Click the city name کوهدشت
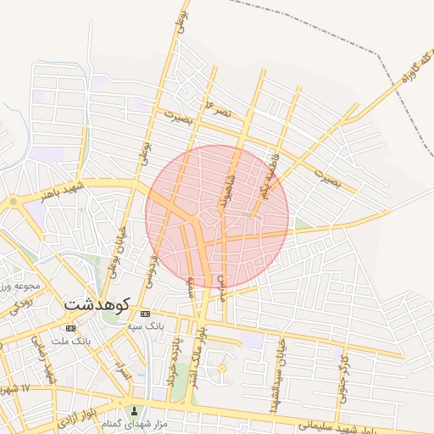pyautogui.click(x=96, y=302)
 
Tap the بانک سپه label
pyautogui.click(x=145, y=325)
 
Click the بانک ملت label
pyautogui.click(x=70, y=340)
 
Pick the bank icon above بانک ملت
pyautogui.click(x=70, y=328)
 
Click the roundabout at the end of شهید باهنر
pyautogui.click(x=14, y=202)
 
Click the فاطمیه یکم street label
pyautogui.click(x=270, y=175)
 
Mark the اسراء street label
pyautogui.click(x=124, y=371)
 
